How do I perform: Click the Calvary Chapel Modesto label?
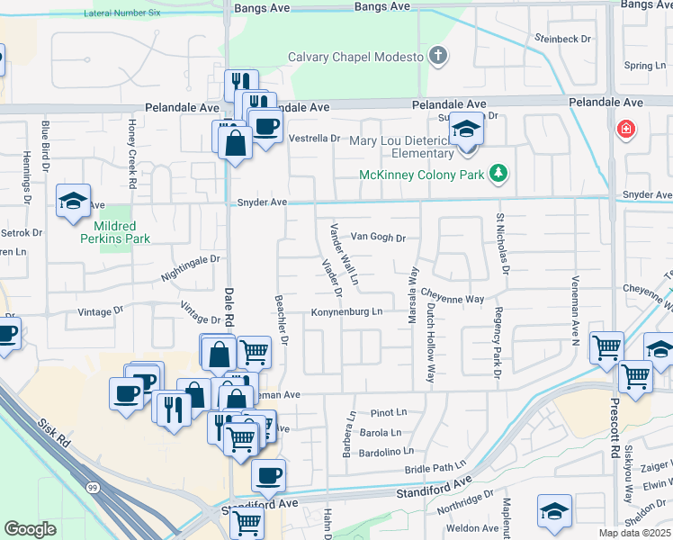(x=354, y=57)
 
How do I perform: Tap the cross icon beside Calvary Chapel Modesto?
(x=437, y=57)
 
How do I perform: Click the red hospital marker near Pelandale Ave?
(x=624, y=130)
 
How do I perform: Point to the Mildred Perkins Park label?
(x=114, y=232)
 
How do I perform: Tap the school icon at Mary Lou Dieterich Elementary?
(x=466, y=131)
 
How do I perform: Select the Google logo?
(x=30, y=529)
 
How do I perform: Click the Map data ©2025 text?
(x=635, y=533)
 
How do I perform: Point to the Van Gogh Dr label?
(x=379, y=238)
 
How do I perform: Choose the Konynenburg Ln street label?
(x=347, y=312)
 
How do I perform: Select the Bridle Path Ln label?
(x=435, y=470)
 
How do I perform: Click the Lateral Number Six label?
(x=121, y=13)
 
